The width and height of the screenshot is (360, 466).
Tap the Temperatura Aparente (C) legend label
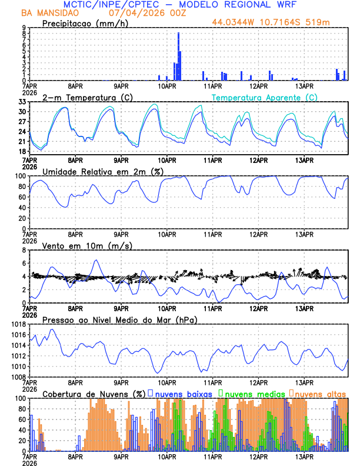265,97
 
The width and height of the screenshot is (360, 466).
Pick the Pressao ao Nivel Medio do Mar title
119,319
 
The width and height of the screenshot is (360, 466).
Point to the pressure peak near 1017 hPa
52,329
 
